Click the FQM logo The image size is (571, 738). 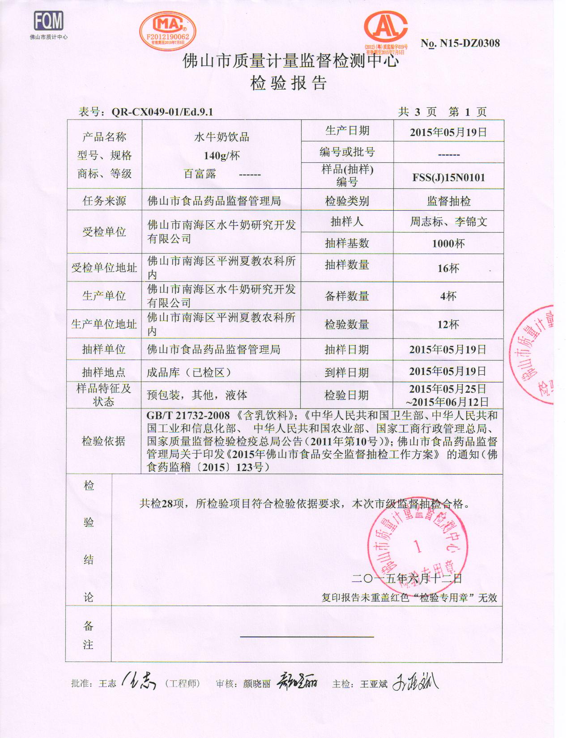click(49, 21)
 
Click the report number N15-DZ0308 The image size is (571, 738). click(460, 43)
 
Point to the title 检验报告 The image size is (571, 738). click(289, 83)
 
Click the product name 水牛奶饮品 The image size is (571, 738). click(222, 137)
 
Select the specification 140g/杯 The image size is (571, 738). click(222, 155)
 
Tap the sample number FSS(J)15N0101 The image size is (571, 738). click(448, 178)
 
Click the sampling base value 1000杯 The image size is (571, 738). click(448, 243)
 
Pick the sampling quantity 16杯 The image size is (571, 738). click(448, 268)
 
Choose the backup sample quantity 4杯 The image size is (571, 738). click(448, 296)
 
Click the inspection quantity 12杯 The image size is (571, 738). click(448, 325)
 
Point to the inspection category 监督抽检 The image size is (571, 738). click(448, 201)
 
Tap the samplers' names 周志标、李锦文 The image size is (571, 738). click(448, 221)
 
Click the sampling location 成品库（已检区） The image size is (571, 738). click(189, 373)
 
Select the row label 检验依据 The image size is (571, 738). click(103, 441)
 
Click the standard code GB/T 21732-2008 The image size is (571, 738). click(188, 416)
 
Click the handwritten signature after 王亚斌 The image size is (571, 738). click(415, 683)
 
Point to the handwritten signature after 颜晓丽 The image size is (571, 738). click(296, 683)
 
